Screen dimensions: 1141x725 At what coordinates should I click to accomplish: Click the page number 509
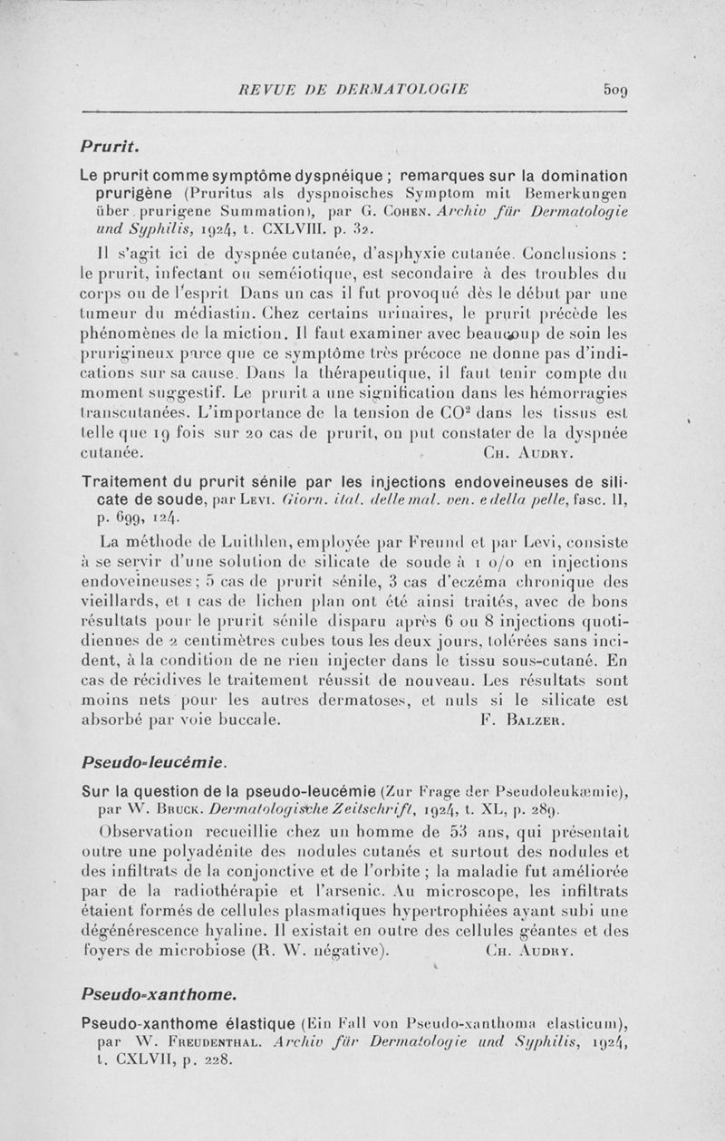[616, 90]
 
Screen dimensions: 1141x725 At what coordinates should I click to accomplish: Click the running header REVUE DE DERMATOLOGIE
[353, 90]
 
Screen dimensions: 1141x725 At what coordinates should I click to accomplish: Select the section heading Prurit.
[107, 145]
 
